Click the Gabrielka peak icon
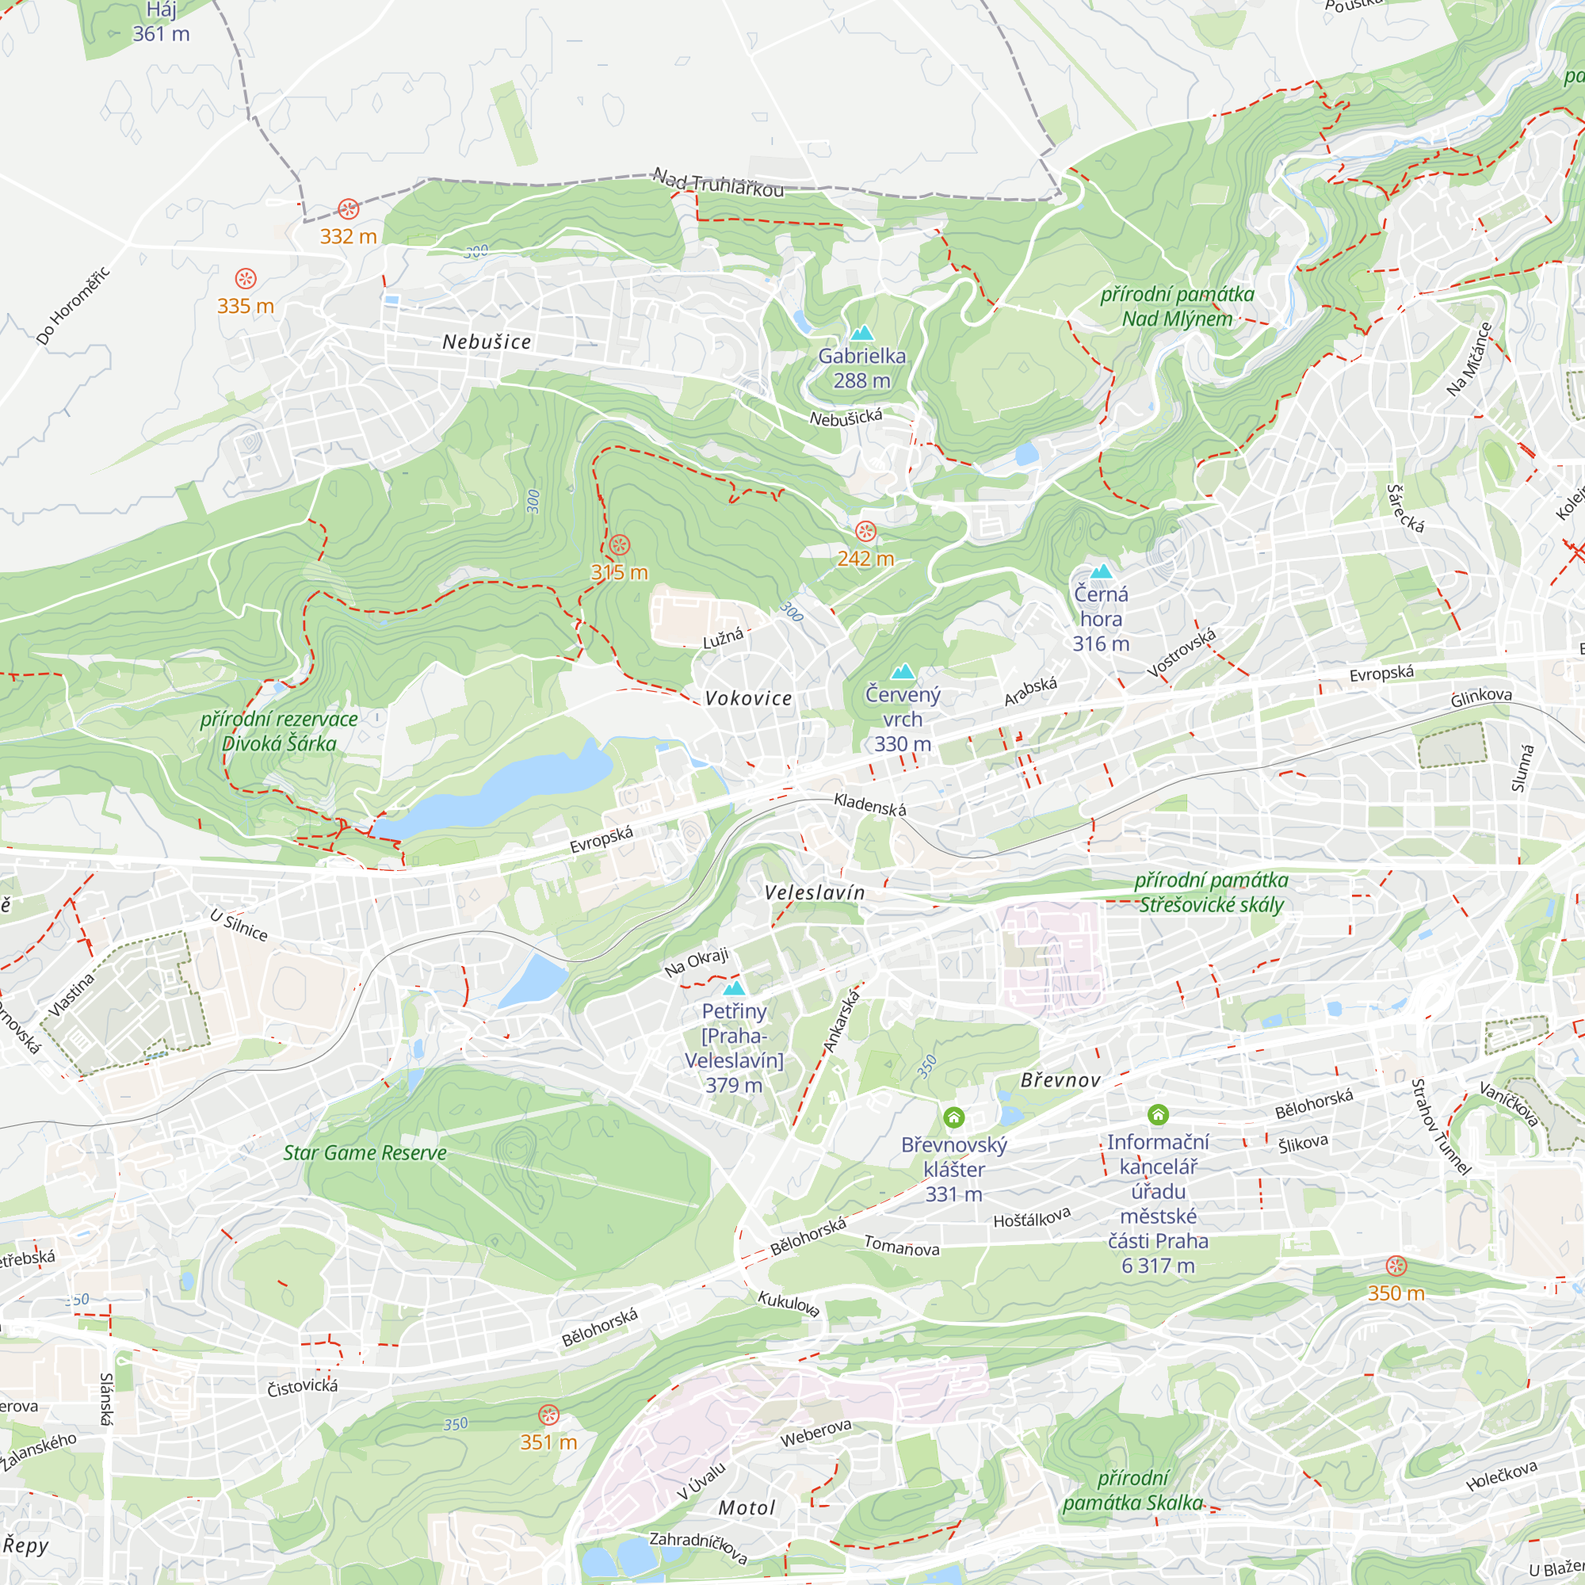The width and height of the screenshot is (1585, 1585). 861,333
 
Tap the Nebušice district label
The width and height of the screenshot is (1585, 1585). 487,342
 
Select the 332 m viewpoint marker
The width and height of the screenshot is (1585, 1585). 349,208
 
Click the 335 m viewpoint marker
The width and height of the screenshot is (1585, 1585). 246,278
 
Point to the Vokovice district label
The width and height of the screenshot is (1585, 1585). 749,698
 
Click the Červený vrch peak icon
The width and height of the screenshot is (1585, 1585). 903,672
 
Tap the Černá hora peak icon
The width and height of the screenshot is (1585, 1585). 1101,571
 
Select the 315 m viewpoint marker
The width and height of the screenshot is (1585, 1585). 620,544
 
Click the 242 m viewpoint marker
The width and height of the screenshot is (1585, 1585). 865,532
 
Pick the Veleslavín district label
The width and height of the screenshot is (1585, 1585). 815,892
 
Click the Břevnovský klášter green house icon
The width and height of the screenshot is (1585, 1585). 953,1117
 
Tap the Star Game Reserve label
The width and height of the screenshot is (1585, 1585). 365,1152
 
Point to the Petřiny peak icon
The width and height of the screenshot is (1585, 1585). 735,987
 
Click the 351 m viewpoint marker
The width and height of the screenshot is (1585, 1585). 549,1415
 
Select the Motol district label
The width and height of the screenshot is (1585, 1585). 747,1508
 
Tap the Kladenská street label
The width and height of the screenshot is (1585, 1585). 869,805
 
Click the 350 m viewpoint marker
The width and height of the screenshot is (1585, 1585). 1396,1266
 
